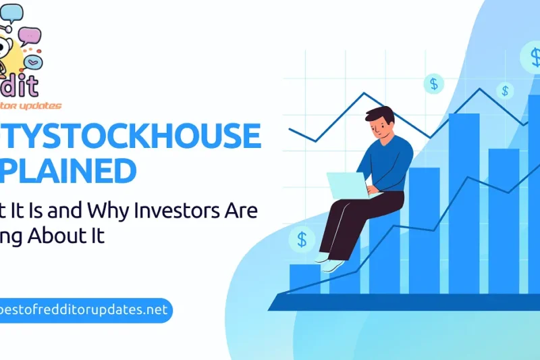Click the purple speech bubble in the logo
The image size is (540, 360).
[30, 35]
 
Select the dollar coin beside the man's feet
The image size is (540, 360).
[301, 238]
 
